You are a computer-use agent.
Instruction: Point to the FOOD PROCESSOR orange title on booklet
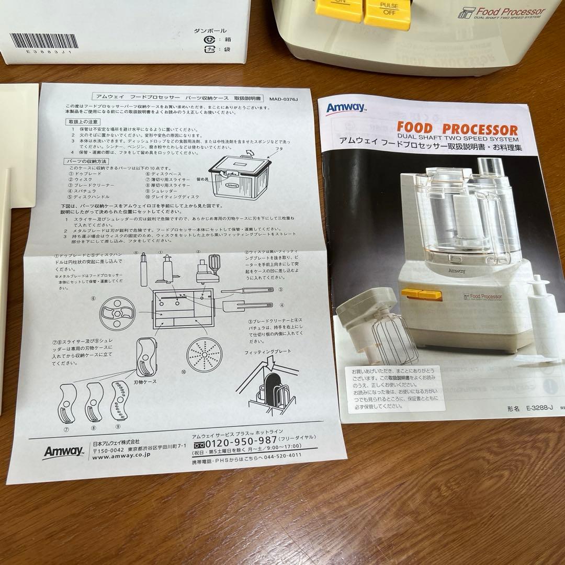point(457,128)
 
